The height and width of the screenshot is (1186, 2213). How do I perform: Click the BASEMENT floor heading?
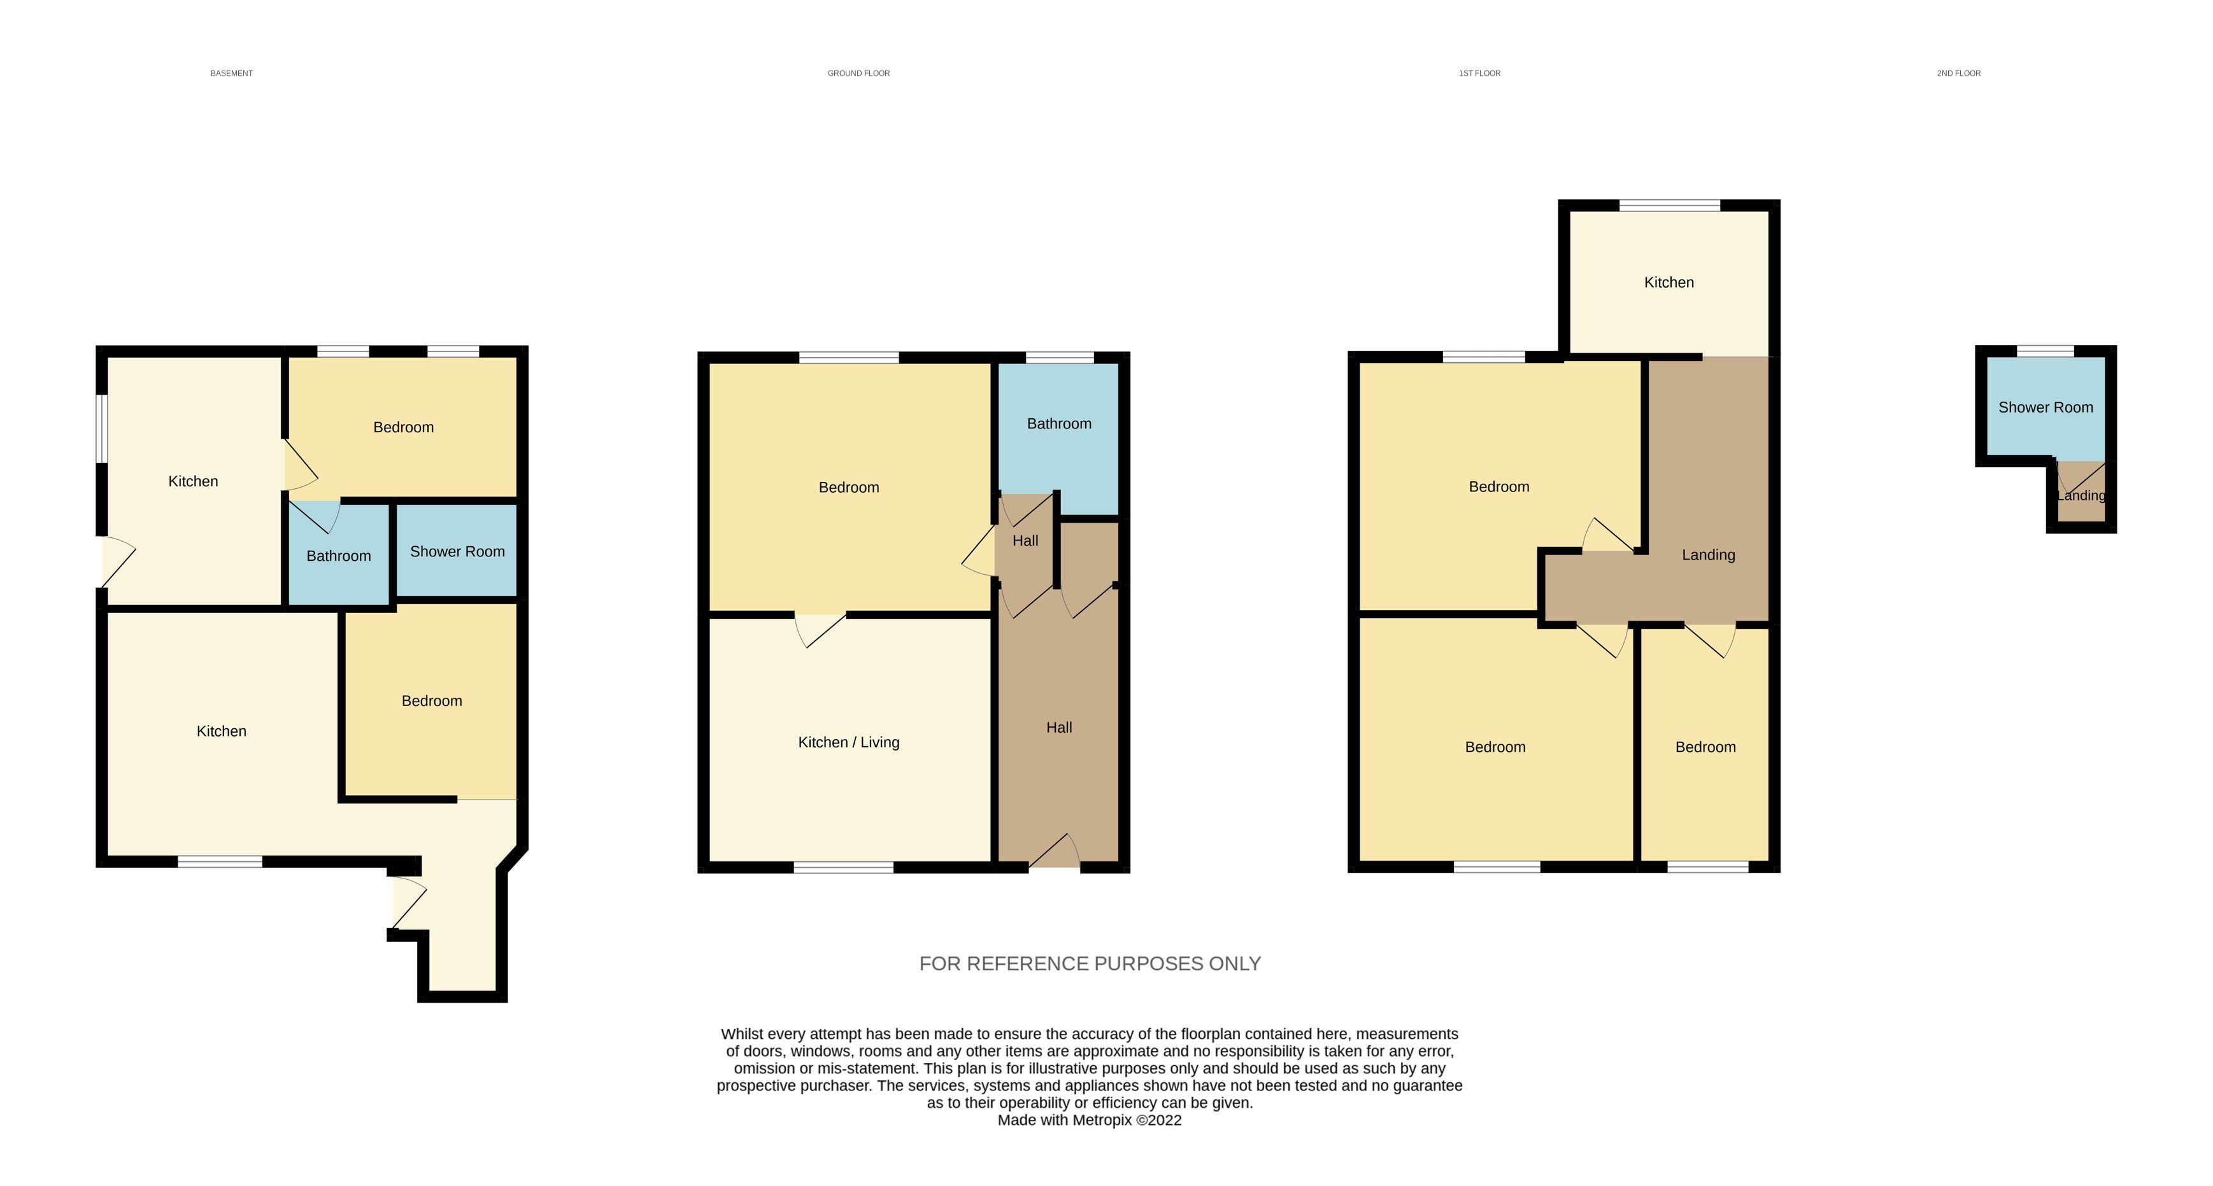click(x=232, y=73)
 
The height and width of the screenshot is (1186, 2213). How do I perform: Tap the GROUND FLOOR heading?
click(x=858, y=73)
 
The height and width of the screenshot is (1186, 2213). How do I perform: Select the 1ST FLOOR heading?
click(x=1479, y=73)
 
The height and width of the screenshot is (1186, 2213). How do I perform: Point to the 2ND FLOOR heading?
click(x=1959, y=73)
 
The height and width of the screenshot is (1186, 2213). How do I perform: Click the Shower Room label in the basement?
click(x=457, y=551)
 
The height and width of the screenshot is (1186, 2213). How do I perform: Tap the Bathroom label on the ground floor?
click(x=1059, y=423)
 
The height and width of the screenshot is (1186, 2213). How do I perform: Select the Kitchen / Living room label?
click(x=849, y=742)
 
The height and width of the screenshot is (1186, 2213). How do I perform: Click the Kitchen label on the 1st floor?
click(x=1669, y=283)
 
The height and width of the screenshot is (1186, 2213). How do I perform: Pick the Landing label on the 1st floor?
click(x=1709, y=554)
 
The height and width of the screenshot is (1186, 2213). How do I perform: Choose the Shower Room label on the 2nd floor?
click(x=2046, y=407)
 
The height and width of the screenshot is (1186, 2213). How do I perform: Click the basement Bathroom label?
click(x=339, y=556)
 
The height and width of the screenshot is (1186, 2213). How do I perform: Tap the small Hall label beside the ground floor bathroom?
click(x=1025, y=540)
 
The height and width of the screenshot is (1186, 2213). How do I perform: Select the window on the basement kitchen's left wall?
click(x=101, y=428)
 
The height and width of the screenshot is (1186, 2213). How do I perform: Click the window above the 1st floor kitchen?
click(x=1670, y=205)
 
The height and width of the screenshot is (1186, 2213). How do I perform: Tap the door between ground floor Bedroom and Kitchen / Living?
click(x=820, y=630)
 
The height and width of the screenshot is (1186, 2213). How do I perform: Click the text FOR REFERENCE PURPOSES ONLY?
click(x=1090, y=964)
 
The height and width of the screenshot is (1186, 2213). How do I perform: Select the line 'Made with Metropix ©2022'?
click(x=1090, y=1120)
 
